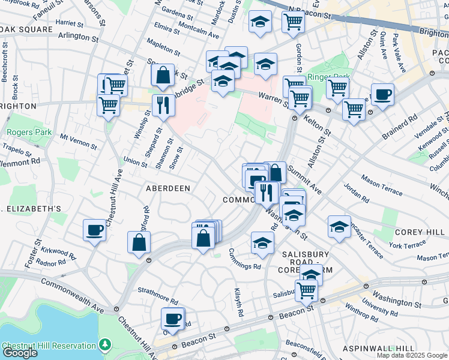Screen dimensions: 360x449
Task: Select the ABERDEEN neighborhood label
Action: click(x=168, y=188)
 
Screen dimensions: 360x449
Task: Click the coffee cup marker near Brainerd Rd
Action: click(x=382, y=95)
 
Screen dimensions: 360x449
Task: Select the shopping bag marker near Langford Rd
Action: click(x=139, y=242)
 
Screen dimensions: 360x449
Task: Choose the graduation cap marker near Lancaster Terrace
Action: click(x=339, y=227)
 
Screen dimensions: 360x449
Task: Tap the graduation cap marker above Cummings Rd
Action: click(x=262, y=243)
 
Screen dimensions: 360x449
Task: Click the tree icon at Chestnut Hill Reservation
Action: click(x=106, y=344)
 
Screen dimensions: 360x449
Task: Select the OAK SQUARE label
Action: click(x=28, y=29)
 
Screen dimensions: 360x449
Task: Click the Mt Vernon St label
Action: click(x=78, y=142)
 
